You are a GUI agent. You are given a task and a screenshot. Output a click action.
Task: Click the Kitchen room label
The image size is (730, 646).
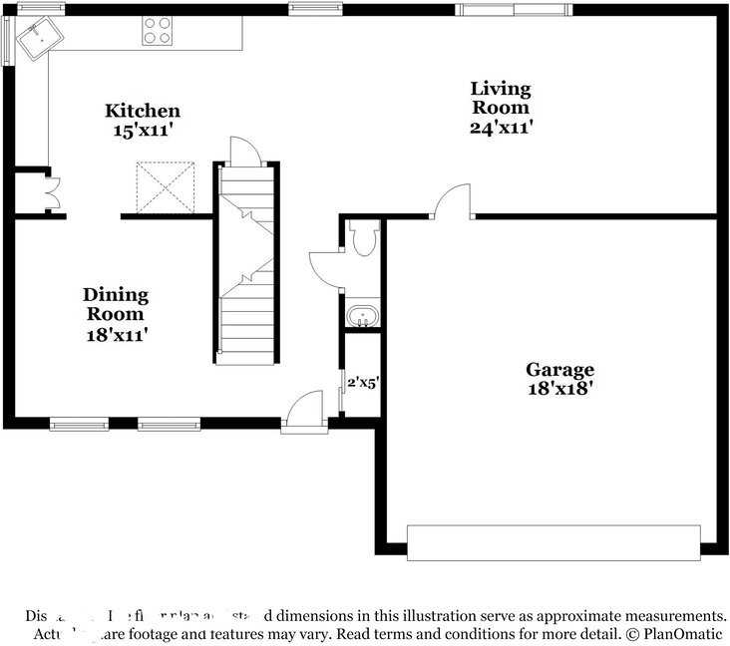(x=143, y=111)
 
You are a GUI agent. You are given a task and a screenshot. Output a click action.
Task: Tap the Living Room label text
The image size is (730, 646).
(x=500, y=98)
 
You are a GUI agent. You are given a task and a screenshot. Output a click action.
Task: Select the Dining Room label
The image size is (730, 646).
(x=116, y=304)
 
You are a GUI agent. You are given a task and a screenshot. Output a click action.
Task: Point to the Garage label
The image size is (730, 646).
(x=559, y=370)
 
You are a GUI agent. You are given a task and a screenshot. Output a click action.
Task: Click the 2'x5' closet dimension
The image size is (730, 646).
(x=363, y=381)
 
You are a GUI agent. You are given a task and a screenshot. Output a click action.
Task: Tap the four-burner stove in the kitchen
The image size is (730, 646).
(x=157, y=31)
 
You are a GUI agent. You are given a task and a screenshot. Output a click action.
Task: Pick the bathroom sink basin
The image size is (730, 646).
(x=363, y=317)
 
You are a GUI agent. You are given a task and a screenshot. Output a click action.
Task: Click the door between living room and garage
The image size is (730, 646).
(x=453, y=200)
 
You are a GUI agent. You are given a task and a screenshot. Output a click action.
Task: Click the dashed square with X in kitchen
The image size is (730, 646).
(x=166, y=186)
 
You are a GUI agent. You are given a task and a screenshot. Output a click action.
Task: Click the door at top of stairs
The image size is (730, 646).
(x=244, y=152)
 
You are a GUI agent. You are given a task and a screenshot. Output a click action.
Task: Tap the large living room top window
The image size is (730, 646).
(x=514, y=10)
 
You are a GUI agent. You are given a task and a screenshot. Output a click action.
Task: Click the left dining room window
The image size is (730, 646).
(x=79, y=425)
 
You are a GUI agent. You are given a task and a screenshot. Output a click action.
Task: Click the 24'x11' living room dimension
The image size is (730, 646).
(x=500, y=127)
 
